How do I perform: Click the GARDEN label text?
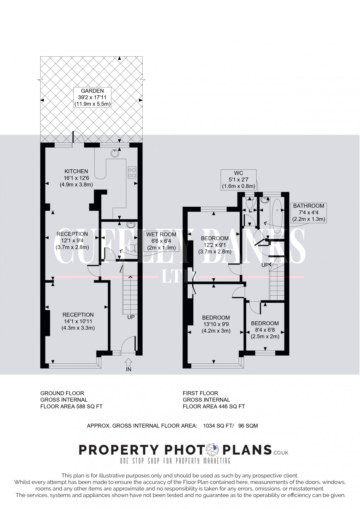[x=92, y=91]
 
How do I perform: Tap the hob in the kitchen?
[x=132, y=173]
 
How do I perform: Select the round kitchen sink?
[x=115, y=153]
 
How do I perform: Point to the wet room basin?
[x=131, y=225]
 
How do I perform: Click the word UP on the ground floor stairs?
[x=131, y=317]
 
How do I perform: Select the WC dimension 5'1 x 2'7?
[x=238, y=180]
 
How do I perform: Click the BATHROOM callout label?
[x=308, y=206]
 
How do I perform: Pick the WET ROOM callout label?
[x=161, y=234]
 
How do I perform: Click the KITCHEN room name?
[x=76, y=171]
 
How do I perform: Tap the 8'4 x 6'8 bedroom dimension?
[x=265, y=330]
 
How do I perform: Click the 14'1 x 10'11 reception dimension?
[x=78, y=321]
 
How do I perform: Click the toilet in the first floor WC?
[x=250, y=203]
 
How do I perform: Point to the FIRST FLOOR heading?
[x=200, y=393]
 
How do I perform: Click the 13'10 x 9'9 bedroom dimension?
[x=216, y=324]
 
